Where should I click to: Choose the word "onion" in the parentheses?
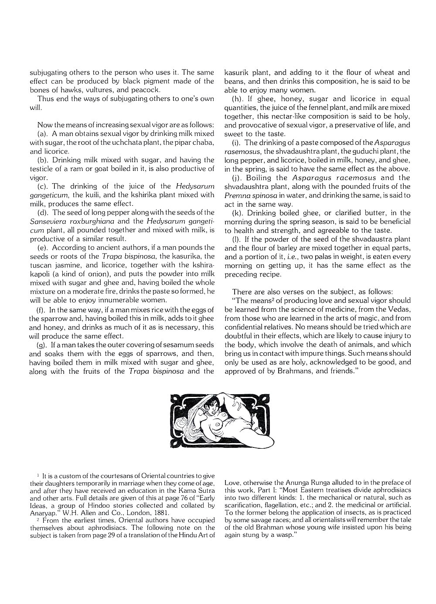pyautogui.click(x=99, y=274)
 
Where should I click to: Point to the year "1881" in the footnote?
pyautogui.click(x=160, y=513)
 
